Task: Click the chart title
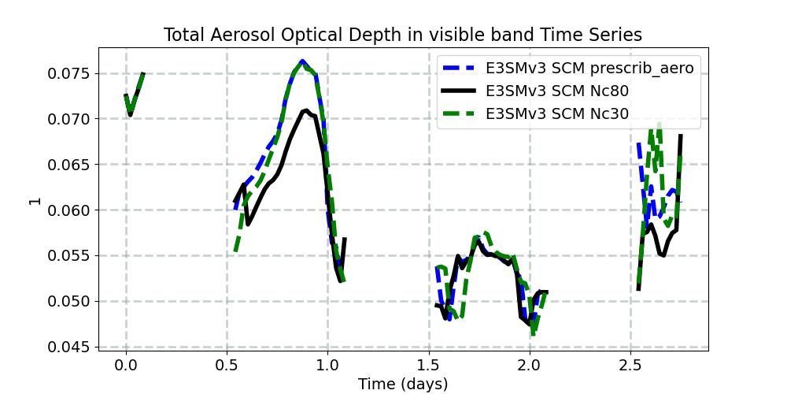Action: tap(403, 35)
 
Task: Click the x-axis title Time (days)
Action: tap(403, 384)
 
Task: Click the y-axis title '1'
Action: tap(34, 200)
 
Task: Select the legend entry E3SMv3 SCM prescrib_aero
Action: tap(589, 68)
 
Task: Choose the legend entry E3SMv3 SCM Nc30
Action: tap(557, 113)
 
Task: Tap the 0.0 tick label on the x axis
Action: tap(126, 365)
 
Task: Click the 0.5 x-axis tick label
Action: tap(227, 365)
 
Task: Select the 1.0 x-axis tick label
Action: tap(327, 365)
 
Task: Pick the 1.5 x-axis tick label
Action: tap(429, 365)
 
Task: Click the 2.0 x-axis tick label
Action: tap(530, 365)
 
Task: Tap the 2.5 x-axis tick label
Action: tap(630, 365)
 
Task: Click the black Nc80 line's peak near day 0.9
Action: tap(305, 111)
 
